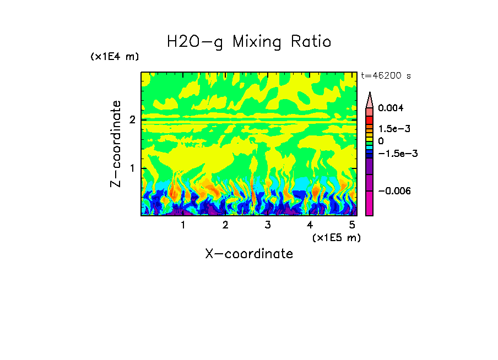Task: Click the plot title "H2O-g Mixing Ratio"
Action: pyautogui.click(x=249, y=42)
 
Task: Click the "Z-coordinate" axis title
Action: pyautogui.click(x=116, y=144)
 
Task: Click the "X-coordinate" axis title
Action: pyautogui.click(x=249, y=254)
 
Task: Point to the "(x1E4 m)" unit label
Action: pyautogui.click(x=115, y=57)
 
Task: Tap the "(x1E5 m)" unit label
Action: pyautogui.click(x=336, y=237)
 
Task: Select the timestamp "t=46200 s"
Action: pyautogui.click(x=386, y=75)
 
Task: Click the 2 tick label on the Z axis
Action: pyautogui.click(x=132, y=119)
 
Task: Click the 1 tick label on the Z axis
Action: pyautogui.click(x=132, y=168)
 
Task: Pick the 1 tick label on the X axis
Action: pyautogui.click(x=183, y=225)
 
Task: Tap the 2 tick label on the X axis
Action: pyautogui.click(x=225, y=225)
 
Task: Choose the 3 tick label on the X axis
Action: pyautogui.click(x=267, y=225)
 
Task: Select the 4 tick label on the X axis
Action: pyautogui.click(x=310, y=225)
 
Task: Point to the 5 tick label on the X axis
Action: pyautogui.click(x=351, y=225)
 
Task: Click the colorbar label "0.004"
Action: pyautogui.click(x=391, y=108)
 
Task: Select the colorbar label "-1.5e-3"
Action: pyautogui.click(x=395, y=154)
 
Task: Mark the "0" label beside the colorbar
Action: pyautogui.click(x=381, y=141)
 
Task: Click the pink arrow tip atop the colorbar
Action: pyautogui.click(x=370, y=99)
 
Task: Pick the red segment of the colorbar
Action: pyautogui.click(x=370, y=119)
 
